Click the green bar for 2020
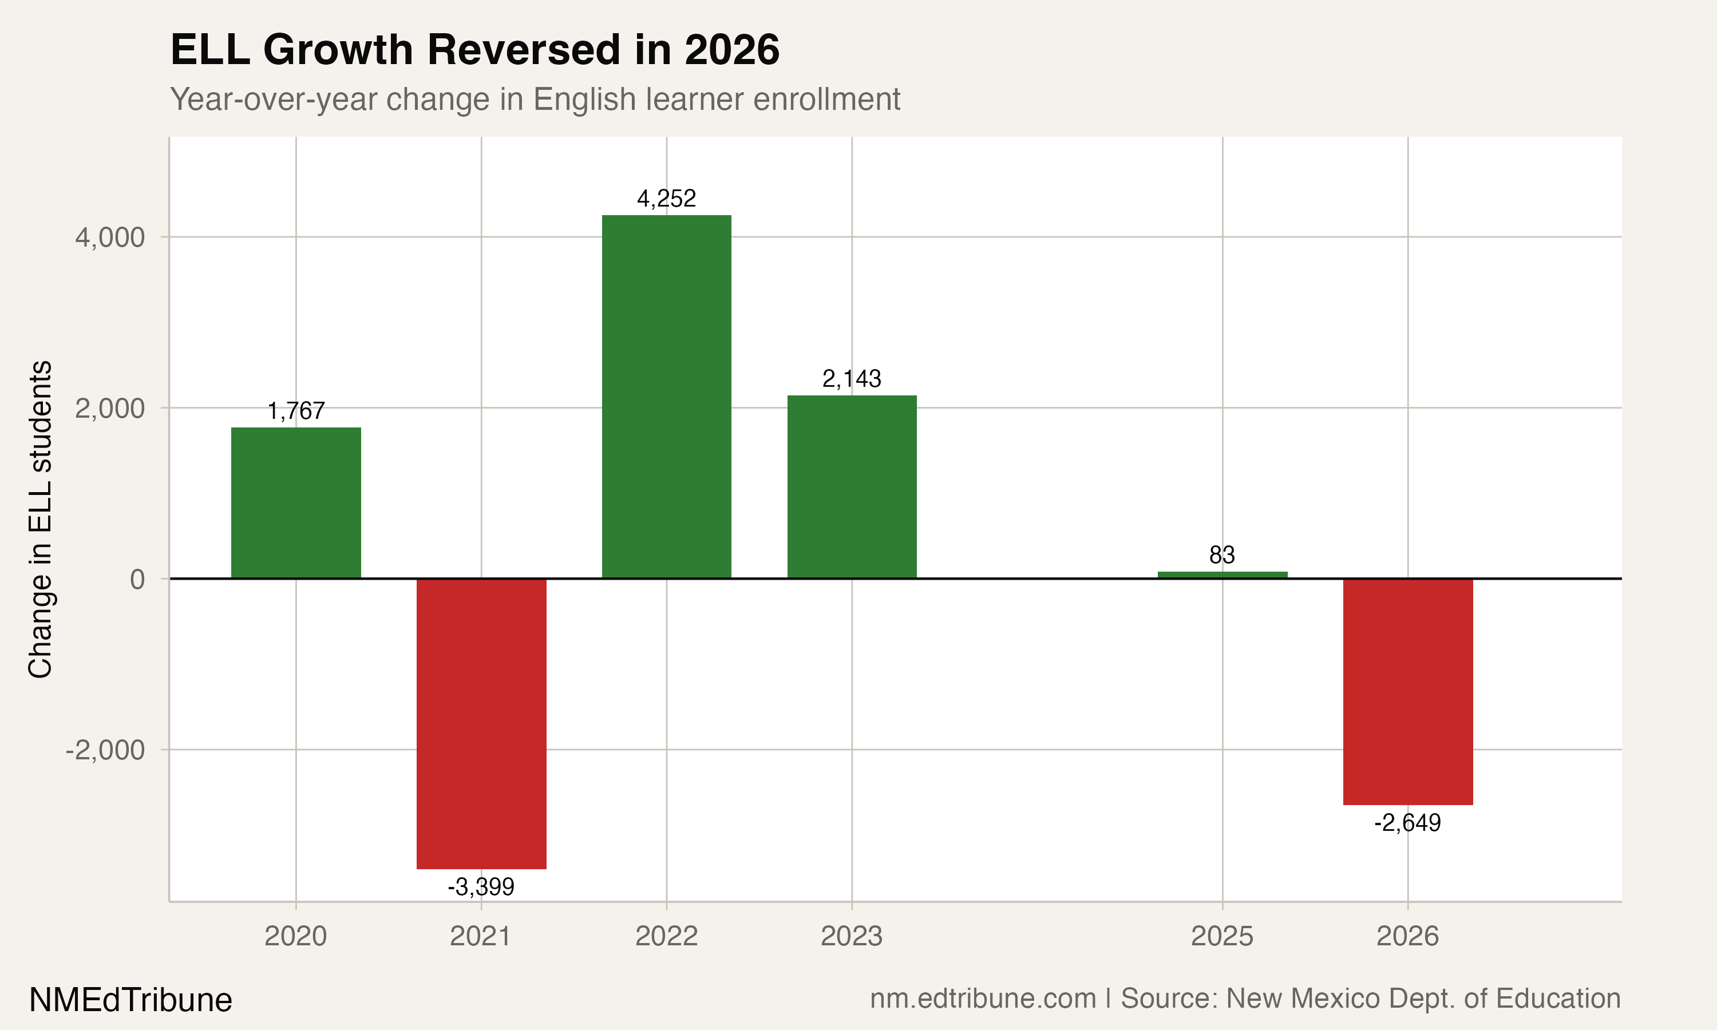coord(296,502)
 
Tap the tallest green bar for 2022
coord(666,397)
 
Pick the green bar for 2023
coord(852,486)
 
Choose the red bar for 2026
coord(1407,691)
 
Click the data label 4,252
coord(666,199)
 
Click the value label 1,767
coord(296,411)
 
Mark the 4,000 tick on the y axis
coord(110,238)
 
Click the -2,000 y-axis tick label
coord(105,750)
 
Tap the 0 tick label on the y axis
coord(137,580)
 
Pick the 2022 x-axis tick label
coord(666,937)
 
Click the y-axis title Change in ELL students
coord(40,519)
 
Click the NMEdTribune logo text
coord(130,1000)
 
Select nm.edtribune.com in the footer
coord(983,999)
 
